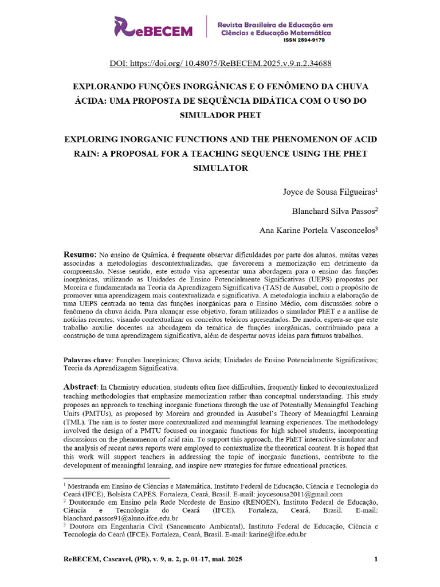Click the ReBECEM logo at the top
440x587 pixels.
click(154, 27)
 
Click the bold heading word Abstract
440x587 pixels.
click(81, 388)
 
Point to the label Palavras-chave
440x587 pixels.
click(87, 359)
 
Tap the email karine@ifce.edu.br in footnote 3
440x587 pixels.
click(277, 534)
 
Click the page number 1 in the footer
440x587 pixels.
click(376, 559)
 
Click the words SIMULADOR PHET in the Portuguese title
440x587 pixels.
click(220, 115)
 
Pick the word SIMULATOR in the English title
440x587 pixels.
click(220, 168)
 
